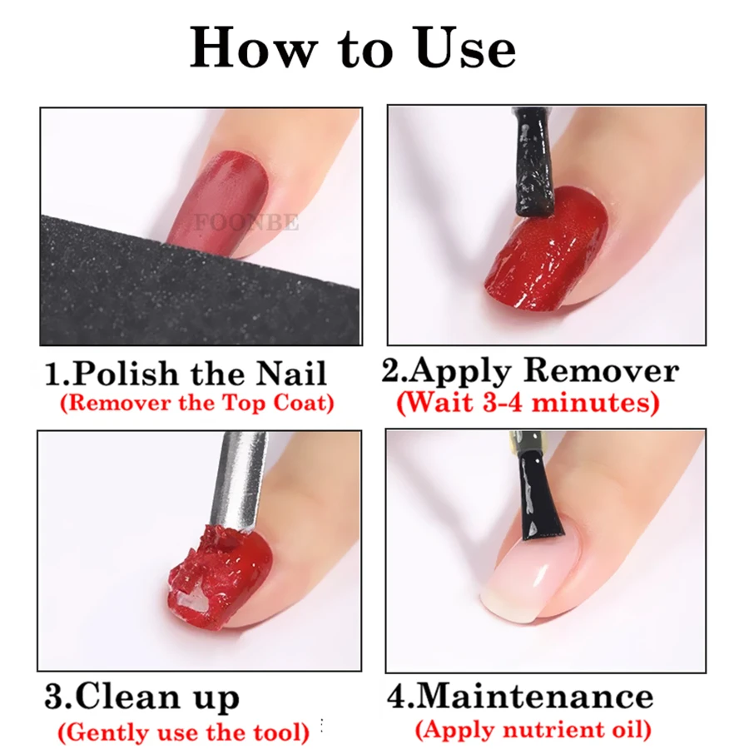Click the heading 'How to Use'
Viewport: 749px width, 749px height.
(353, 48)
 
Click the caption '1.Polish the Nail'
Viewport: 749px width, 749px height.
(186, 373)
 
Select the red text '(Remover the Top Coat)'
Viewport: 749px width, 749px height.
(196, 404)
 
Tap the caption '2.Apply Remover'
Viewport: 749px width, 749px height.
(530, 371)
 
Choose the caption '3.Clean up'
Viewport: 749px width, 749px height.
(141, 697)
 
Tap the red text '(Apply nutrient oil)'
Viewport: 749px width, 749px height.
(533, 731)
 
